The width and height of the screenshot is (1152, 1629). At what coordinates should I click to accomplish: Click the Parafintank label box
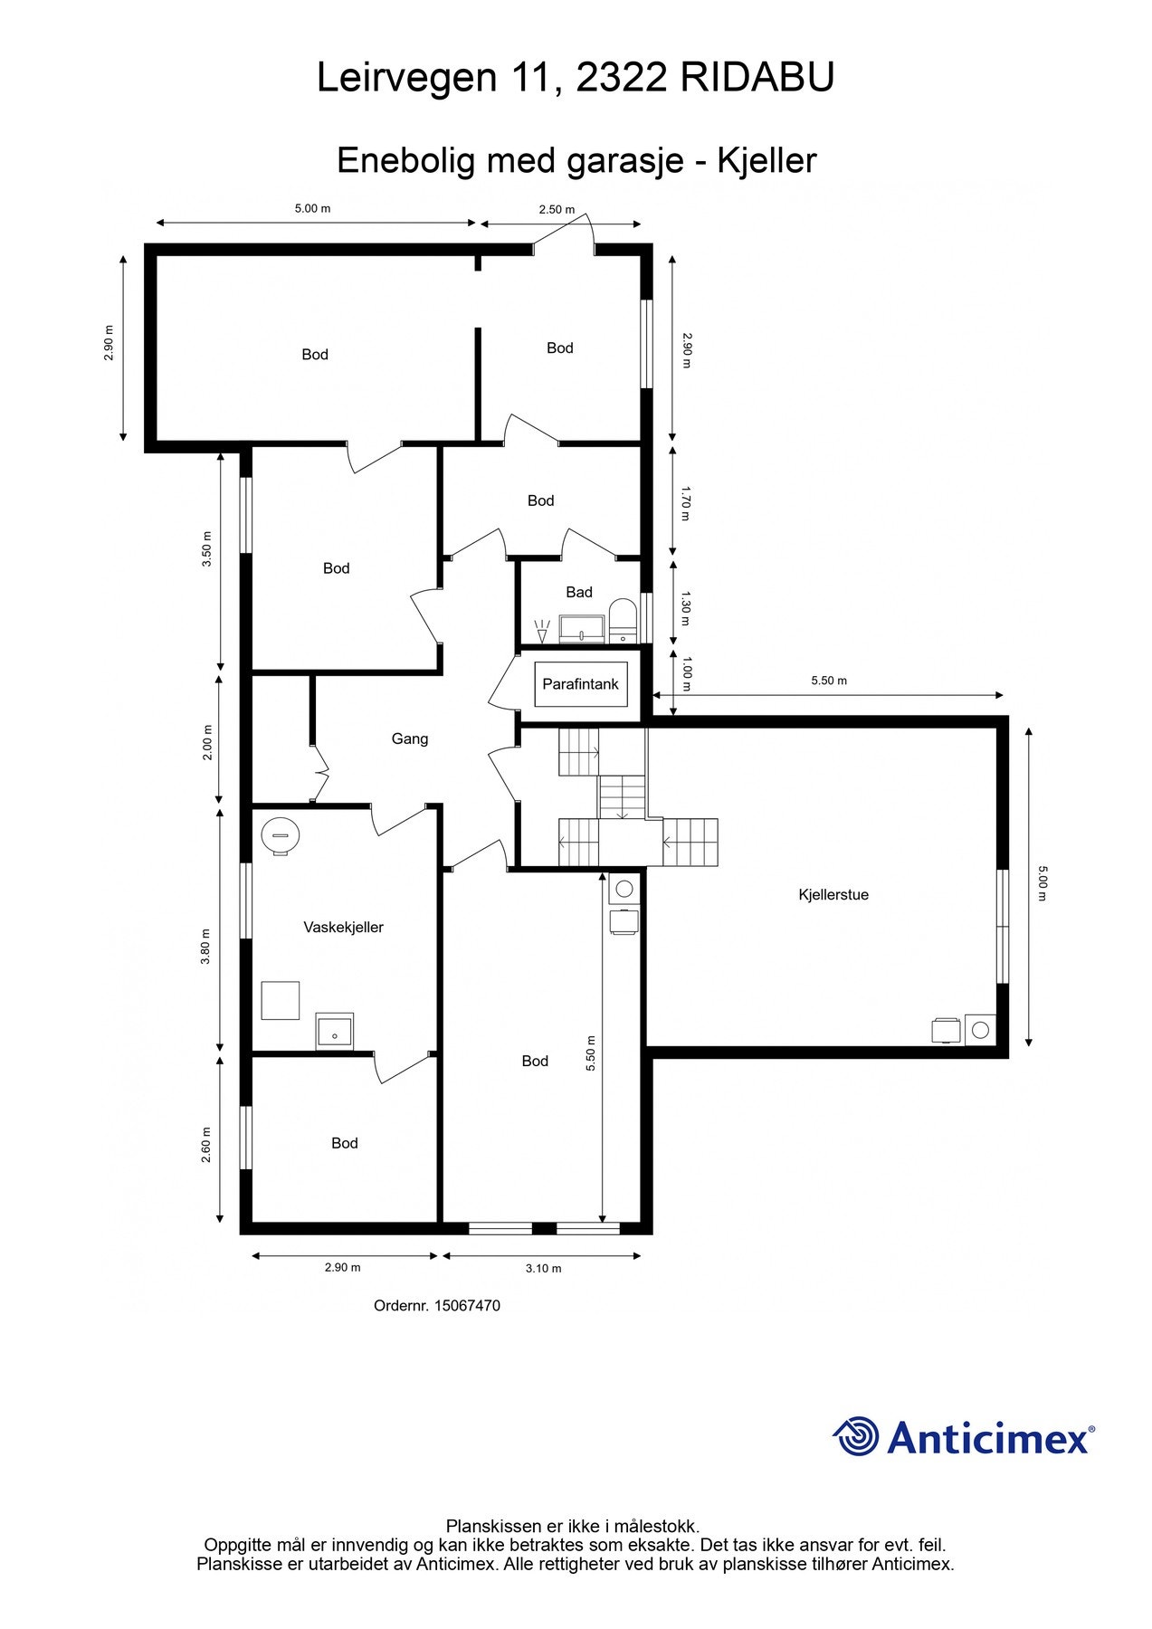click(580, 684)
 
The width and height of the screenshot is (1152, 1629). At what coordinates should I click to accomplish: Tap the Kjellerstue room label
click(833, 895)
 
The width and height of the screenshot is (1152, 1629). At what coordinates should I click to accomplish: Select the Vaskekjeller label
click(343, 928)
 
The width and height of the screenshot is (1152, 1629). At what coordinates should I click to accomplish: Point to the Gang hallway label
click(410, 739)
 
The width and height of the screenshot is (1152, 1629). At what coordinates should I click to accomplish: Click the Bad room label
click(579, 592)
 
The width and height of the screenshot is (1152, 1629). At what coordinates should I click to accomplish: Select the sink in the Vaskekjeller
click(335, 1032)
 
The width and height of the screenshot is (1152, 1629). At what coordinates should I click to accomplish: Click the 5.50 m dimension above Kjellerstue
click(829, 681)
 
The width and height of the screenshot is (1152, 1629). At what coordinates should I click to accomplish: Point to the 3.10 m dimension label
click(543, 1269)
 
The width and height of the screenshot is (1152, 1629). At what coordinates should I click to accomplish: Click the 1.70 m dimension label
click(685, 504)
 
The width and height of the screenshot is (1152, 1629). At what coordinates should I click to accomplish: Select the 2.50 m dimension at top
click(557, 210)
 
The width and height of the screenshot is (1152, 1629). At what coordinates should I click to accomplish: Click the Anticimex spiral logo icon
click(856, 1436)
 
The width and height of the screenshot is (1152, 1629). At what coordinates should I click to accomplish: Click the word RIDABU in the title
click(757, 79)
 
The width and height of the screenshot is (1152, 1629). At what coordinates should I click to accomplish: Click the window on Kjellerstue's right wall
click(1002, 926)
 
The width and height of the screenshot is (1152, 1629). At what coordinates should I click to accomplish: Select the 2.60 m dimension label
click(205, 1145)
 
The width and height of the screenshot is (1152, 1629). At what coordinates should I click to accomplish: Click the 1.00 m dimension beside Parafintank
click(685, 673)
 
